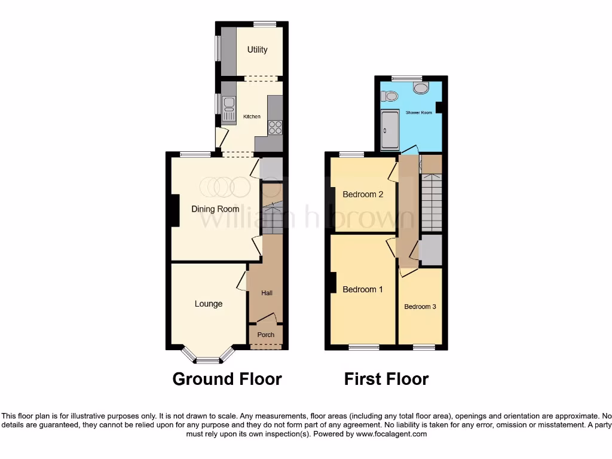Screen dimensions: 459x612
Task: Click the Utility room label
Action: tap(258, 50)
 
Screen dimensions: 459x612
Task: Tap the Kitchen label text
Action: tap(252, 117)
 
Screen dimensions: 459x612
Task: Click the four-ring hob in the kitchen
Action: tap(276, 127)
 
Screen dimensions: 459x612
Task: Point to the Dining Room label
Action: tap(215, 209)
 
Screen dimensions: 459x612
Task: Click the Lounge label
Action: tap(209, 304)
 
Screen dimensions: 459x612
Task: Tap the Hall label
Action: tap(267, 293)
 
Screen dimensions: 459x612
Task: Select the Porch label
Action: tap(266, 335)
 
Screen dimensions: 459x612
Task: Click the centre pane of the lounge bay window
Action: tap(209, 360)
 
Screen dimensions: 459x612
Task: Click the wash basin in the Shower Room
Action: tap(421, 88)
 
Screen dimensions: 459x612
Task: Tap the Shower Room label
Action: tap(419, 112)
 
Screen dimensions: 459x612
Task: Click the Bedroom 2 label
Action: tap(363, 194)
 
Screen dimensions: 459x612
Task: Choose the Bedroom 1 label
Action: tap(363, 289)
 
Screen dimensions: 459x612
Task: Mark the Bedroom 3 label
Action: tap(420, 307)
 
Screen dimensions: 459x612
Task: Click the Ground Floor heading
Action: tap(227, 379)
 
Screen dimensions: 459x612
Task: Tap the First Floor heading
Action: tap(386, 379)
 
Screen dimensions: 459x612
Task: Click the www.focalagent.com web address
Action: tap(391, 434)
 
